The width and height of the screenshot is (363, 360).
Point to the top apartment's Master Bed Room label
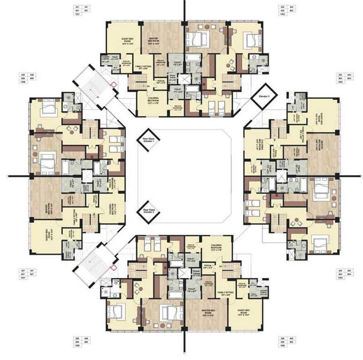point(155,41)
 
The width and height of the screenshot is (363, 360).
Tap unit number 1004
point(339,277)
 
